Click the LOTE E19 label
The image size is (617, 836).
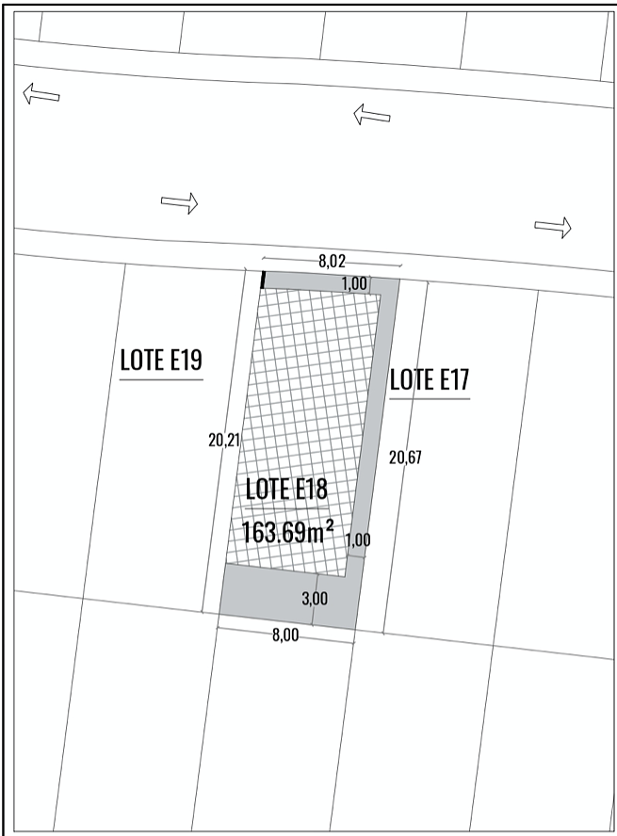[x=161, y=360]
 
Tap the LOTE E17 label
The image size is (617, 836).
[x=430, y=379]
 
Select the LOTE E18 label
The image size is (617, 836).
[x=286, y=490]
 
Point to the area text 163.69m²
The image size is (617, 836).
[x=288, y=532]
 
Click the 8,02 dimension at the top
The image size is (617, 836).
[x=332, y=262]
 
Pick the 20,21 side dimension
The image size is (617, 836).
[x=224, y=441]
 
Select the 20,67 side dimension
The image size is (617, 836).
[x=405, y=458]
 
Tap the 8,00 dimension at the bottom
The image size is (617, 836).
[x=285, y=635]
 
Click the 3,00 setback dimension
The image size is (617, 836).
[x=315, y=598]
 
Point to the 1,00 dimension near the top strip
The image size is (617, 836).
[x=354, y=283]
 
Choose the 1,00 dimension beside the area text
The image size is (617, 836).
[x=358, y=540]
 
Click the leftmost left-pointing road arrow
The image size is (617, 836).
[x=41, y=94]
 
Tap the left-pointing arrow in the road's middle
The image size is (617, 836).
[x=372, y=114]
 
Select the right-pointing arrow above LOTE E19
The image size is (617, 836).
[x=180, y=203]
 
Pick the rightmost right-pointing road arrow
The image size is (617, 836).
[x=553, y=228]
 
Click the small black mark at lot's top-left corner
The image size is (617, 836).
[x=263, y=280]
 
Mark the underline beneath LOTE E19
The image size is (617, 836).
[x=161, y=379]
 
